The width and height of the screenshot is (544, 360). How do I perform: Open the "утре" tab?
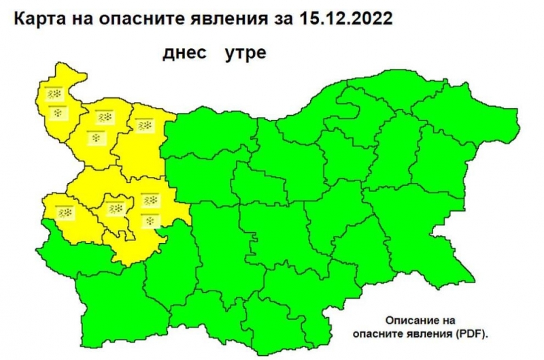click(245, 54)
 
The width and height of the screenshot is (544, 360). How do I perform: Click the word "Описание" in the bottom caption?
click(409, 320)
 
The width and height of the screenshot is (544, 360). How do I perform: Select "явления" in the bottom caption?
click(434, 333)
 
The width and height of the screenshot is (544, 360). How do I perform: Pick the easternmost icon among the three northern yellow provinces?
click(144, 125)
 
